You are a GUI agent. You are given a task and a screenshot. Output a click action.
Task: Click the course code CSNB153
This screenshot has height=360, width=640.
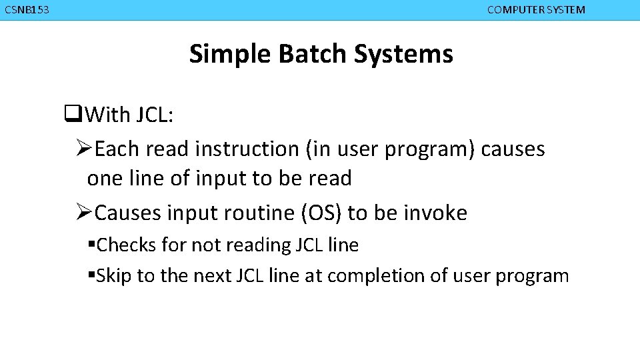26,10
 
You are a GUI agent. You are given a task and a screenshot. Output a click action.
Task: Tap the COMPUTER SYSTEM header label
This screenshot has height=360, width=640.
536,10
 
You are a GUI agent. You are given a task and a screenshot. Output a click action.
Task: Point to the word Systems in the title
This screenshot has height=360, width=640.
403,54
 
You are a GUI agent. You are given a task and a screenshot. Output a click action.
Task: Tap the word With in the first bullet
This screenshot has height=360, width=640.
108,115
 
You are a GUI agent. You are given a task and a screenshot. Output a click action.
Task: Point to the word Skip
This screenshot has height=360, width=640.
114,276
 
